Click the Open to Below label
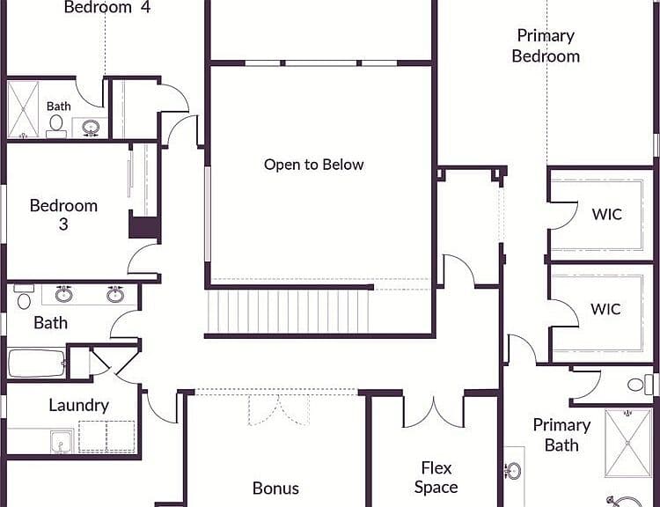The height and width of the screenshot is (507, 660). [x=313, y=165]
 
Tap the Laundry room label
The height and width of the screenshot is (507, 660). [x=78, y=405]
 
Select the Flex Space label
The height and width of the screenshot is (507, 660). [x=436, y=477]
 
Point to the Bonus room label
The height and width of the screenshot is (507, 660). [x=275, y=488]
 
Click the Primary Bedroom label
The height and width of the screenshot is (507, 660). [x=546, y=46]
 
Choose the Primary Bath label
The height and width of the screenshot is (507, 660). [x=561, y=435]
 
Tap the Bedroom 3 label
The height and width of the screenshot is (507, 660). [x=63, y=215]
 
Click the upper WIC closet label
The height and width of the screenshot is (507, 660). [x=606, y=214]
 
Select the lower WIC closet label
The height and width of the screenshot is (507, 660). [x=605, y=309]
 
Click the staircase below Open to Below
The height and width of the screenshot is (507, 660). [x=289, y=312]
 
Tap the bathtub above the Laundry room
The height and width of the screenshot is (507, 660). [x=37, y=363]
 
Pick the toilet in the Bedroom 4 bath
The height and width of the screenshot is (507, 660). [x=56, y=127]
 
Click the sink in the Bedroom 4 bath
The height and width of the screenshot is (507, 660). [x=91, y=128]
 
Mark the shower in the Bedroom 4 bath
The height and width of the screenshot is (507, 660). [x=23, y=109]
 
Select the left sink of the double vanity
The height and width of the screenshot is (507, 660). [x=64, y=294]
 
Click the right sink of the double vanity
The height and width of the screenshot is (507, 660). [x=115, y=294]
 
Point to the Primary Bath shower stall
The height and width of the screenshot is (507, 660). [x=627, y=443]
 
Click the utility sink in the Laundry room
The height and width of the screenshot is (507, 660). [x=62, y=441]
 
